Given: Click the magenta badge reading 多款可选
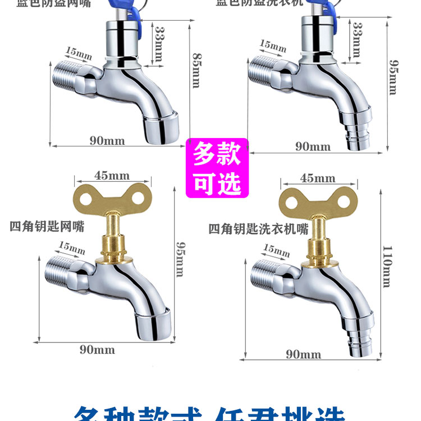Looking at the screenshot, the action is pyautogui.click(x=217, y=168).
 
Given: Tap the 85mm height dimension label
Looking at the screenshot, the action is pyautogui.click(x=196, y=71).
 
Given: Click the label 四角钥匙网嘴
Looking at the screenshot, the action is pyautogui.click(x=47, y=227).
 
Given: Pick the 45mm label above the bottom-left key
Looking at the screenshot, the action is pyautogui.click(x=112, y=176).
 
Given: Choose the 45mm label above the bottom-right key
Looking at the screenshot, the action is pyautogui.click(x=317, y=179).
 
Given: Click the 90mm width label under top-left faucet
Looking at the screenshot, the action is pyautogui.click(x=107, y=141).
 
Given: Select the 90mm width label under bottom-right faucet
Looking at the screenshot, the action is pyautogui.click(x=303, y=354).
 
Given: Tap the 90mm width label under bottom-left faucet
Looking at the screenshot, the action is pyautogui.click(x=97, y=350).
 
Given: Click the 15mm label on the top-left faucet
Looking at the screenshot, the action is pyautogui.click(x=78, y=54).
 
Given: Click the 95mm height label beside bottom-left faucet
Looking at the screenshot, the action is pyautogui.click(x=180, y=259).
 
